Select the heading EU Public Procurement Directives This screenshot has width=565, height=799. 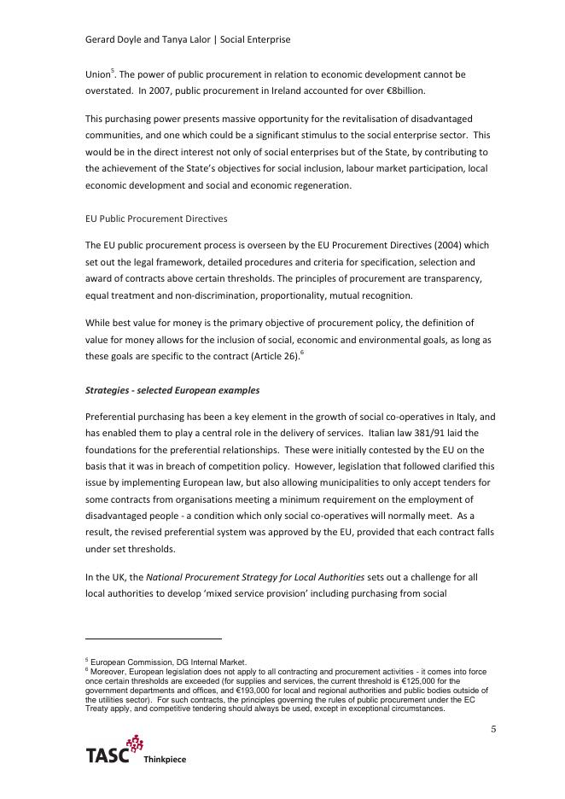(156, 219)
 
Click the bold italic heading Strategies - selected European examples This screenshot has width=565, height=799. (172, 390)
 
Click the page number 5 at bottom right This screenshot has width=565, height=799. (492, 728)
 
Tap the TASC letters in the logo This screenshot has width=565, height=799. (108, 755)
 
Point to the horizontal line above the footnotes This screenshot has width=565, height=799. (154, 638)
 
